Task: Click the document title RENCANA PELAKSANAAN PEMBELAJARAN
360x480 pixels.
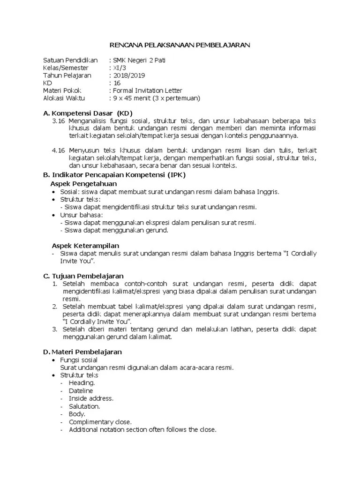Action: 180,45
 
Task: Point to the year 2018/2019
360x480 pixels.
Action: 127,75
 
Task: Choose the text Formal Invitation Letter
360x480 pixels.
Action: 147,90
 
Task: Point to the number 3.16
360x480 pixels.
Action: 59,120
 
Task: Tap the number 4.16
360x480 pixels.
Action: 59,150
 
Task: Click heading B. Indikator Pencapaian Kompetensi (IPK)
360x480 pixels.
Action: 114,175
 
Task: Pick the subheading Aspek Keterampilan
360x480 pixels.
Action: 85,246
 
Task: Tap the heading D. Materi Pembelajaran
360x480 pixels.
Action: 82,351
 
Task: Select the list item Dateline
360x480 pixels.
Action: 81,390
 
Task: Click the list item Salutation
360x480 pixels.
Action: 84,406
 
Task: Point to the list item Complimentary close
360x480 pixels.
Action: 100,421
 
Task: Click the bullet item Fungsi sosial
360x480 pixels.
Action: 78,360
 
